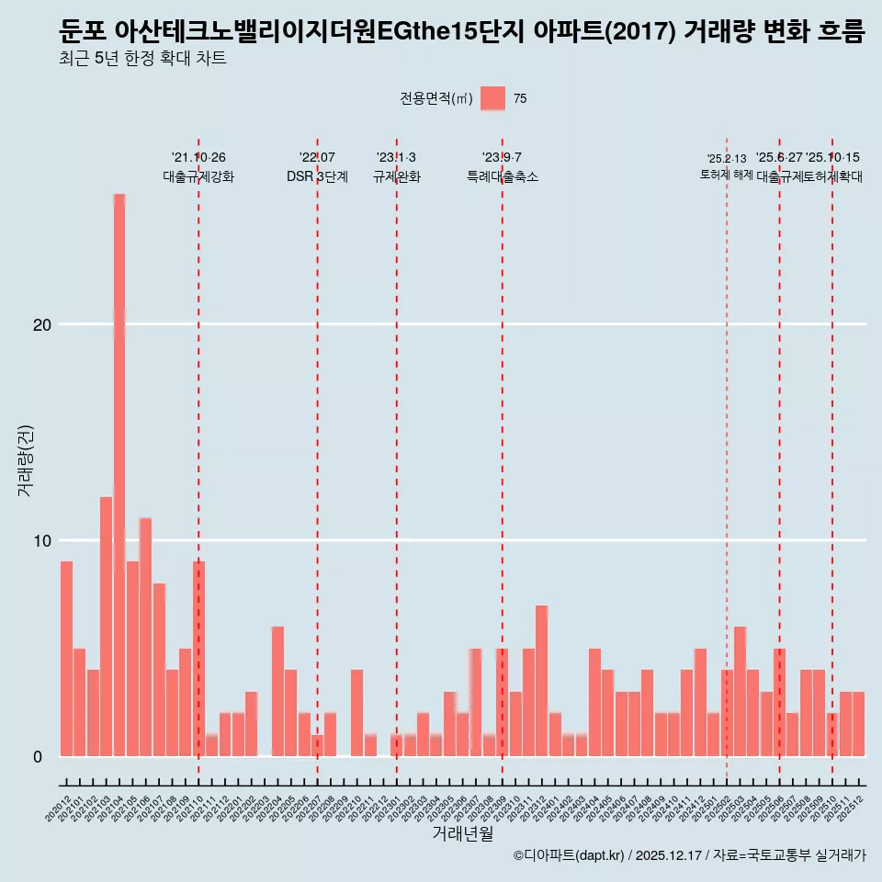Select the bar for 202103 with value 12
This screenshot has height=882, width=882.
tap(106, 626)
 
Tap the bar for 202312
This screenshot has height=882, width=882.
tap(542, 680)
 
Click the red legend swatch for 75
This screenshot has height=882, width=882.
tap(492, 99)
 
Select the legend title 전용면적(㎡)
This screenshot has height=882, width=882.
tap(436, 99)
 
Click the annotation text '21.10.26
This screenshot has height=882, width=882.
tap(198, 158)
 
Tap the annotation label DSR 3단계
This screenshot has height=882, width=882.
tap(317, 176)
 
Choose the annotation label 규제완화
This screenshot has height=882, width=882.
tap(397, 176)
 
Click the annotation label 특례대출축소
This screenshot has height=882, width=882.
tap(503, 176)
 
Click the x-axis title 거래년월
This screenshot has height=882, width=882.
tap(463, 833)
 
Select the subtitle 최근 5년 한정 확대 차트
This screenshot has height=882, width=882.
tap(142, 59)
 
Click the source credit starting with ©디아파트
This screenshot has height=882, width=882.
tap(689, 855)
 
